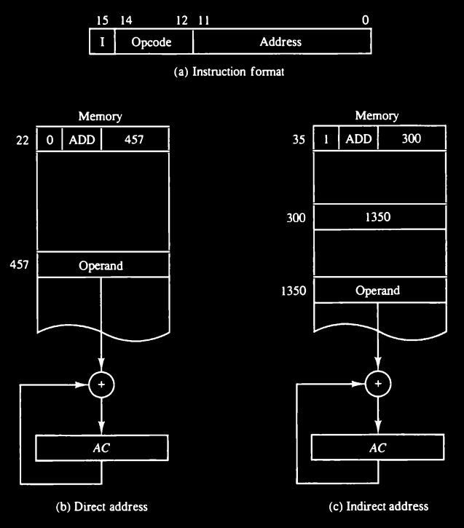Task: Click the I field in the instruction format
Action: click(x=102, y=42)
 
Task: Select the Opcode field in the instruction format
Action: click(x=152, y=42)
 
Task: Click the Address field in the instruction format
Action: click(x=280, y=42)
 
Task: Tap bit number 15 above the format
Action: click(x=93, y=21)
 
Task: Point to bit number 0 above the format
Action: click(x=365, y=21)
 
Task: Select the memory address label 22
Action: click(x=23, y=140)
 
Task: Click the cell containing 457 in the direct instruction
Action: click(x=134, y=140)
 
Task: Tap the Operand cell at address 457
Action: click(x=101, y=266)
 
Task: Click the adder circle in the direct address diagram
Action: click(x=101, y=383)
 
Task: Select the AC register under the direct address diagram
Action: click(x=101, y=447)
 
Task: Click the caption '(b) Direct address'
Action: click(x=101, y=506)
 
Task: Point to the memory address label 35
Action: click(x=298, y=140)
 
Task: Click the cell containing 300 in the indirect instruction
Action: click(x=411, y=140)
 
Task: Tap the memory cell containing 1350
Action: click(x=377, y=216)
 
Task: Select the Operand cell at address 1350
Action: click(x=377, y=291)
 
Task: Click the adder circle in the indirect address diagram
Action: click(x=377, y=383)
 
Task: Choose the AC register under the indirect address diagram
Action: click(x=377, y=447)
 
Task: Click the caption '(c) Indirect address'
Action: click(x=377, y=506)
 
